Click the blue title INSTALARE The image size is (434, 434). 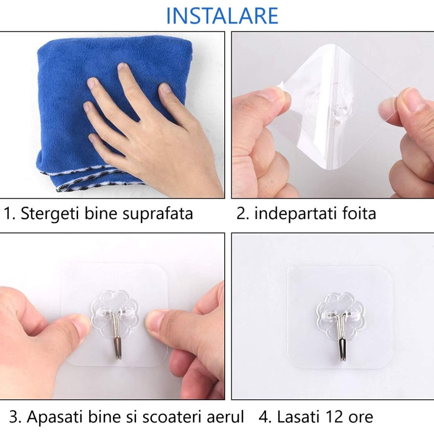point(222,15)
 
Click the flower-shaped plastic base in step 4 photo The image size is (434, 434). point(340,311)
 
